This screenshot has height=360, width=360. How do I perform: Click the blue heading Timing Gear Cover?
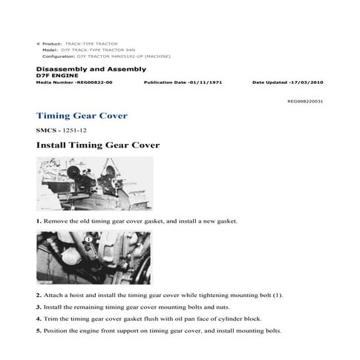[82, 116]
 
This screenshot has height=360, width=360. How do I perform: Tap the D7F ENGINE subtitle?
[54, 76]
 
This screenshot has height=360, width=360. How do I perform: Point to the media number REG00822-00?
[91, 83]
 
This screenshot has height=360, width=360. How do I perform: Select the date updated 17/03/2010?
[301, 83]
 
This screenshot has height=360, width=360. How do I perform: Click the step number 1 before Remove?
[39, 222]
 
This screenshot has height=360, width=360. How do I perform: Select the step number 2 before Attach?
[39, 295]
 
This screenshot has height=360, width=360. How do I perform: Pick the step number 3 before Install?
[39, 307]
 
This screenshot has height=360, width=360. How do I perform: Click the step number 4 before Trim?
[39, 318]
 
